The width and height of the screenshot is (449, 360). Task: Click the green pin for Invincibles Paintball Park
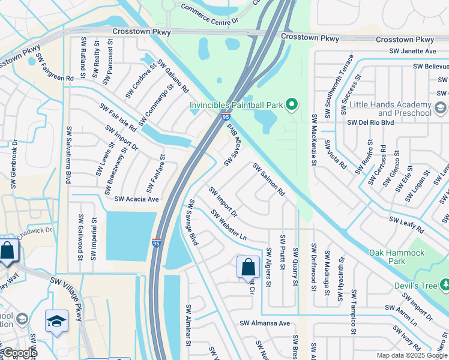291,105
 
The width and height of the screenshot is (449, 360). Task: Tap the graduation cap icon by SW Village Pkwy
56,320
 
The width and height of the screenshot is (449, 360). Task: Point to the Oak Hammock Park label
396,257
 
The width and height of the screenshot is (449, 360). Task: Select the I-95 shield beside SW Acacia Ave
156,243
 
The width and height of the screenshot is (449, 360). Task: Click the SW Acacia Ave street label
136,199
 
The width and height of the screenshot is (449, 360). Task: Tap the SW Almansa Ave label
265,323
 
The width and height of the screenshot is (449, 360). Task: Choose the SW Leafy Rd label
406,226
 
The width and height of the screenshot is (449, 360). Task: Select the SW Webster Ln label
229,224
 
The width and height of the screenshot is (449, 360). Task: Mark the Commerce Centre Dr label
209,19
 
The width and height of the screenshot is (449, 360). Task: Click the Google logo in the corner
19,353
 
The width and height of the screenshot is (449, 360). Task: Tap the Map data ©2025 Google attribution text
411,355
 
